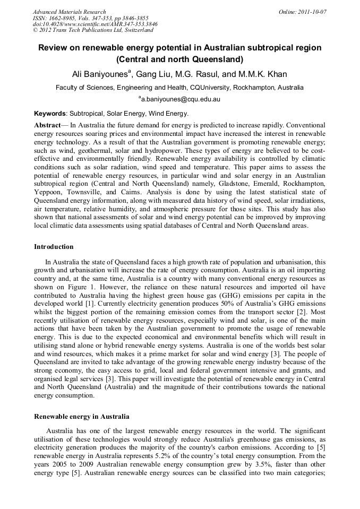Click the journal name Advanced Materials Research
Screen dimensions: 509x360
point(69,12)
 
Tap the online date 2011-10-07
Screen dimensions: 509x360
point(314,12)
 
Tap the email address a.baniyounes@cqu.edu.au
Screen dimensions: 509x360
point(181,99)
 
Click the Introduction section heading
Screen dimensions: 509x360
point(54,247)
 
